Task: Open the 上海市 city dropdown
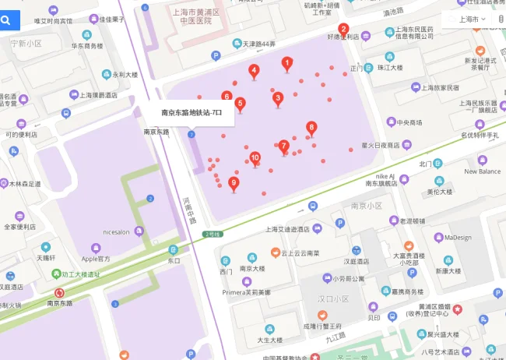click(x=473, y=19)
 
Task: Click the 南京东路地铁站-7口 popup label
click(x=192, y=112)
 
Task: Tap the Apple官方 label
click(x=97, y=258)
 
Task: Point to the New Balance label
click(x=483, y=171)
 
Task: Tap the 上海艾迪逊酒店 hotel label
click(x=287, y=229)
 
